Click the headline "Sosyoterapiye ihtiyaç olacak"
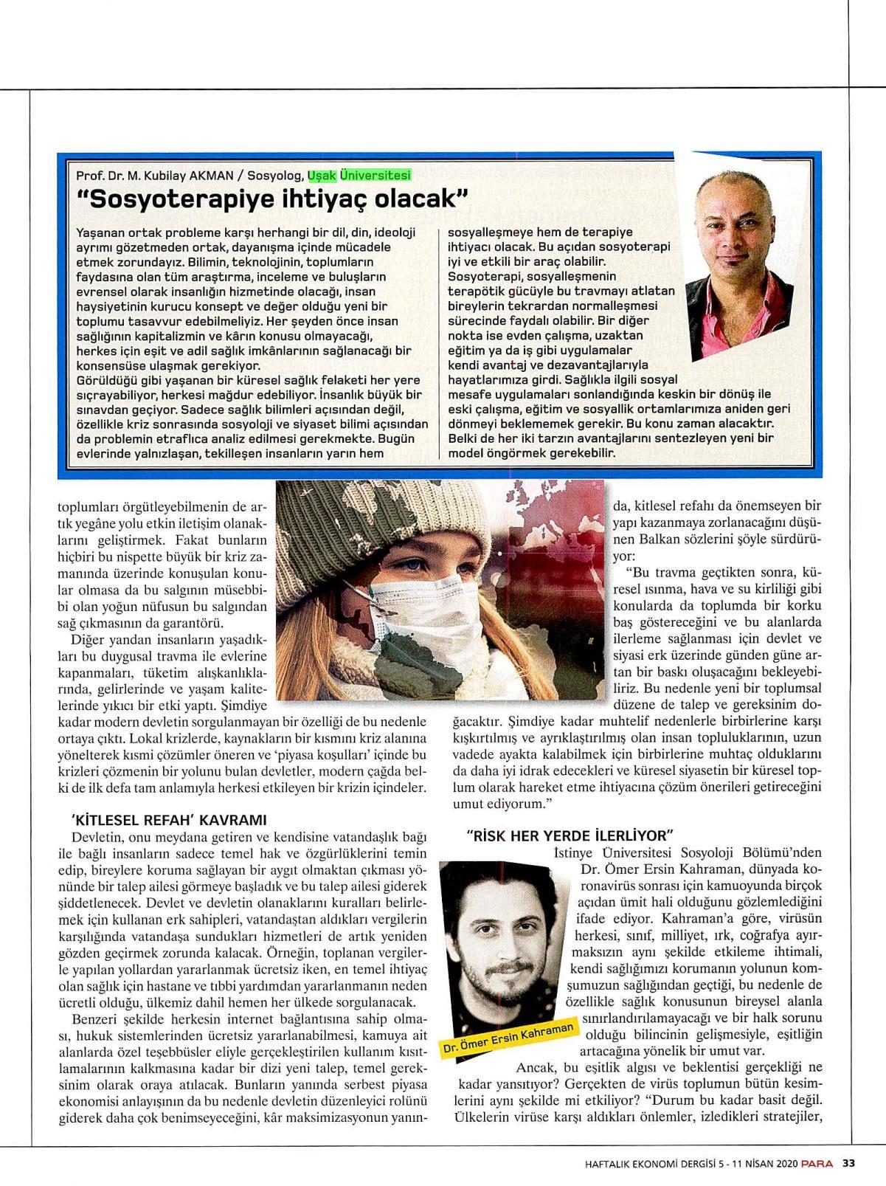click(273, 199)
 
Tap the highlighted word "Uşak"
click(320, 175)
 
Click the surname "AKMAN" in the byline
click(210, 176)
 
